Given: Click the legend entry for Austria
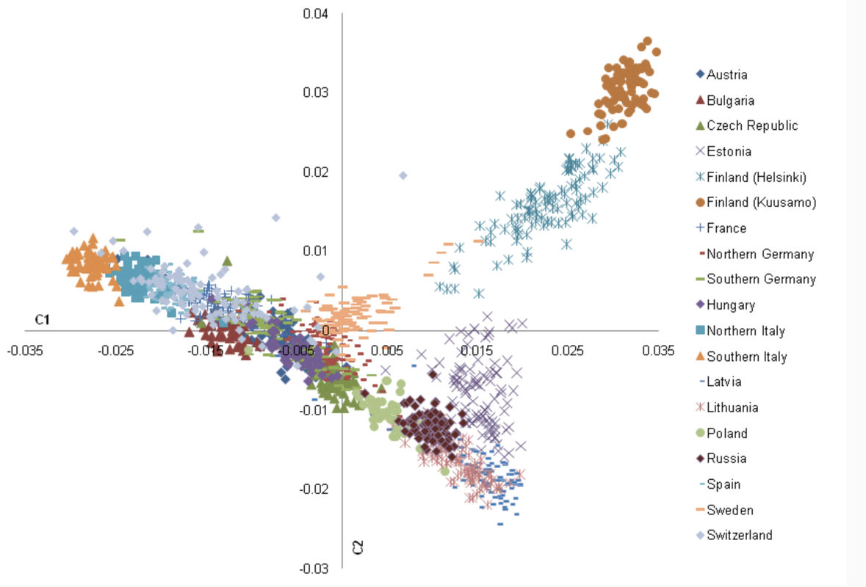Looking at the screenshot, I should click(x=727, y=74).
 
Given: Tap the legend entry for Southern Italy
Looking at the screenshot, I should click(x=746, y=357).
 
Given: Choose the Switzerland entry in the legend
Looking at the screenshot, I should click(x=740, y=535).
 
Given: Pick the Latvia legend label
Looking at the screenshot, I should click(x=724, y=382).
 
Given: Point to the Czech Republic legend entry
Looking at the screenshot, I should click(x=752, y=125).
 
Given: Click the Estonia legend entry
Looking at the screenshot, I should click(x=729, y=152).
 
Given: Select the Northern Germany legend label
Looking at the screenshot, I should click(x=760, y=254).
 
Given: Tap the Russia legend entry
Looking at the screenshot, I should click(x=726, y=459).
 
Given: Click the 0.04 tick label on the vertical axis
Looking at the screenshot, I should click(x=316, y=13).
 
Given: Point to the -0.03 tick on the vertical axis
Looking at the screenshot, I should click(x=314, y=568).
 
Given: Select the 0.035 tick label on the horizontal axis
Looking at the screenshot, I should click(x=658, y=351).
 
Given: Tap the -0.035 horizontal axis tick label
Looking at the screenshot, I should click(x=24, y=351).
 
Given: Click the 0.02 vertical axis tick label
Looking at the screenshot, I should click(x=316, y=172).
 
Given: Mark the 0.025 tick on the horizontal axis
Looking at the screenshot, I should click(x=568, y=351).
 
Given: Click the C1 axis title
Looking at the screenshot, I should click(x=42, y=319).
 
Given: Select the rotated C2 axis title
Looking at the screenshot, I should click(x=358, y=547).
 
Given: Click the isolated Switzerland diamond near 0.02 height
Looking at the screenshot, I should click(x=403, y=175).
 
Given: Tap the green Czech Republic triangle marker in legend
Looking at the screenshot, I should click(x=700, y=125).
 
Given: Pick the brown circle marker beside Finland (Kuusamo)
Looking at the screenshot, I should click(x=700, y=203).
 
